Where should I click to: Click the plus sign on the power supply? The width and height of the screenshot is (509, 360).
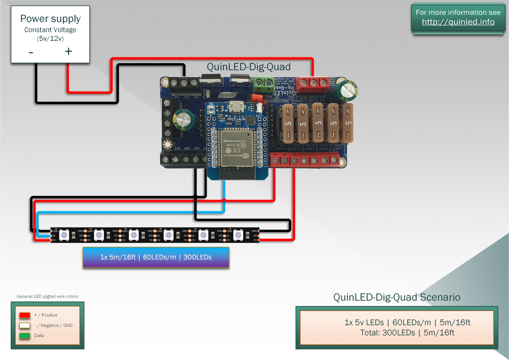[x=68, y=51]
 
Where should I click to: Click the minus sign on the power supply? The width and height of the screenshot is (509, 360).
[x=31, y=52]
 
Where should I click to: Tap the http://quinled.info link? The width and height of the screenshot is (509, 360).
[x=458, y=22]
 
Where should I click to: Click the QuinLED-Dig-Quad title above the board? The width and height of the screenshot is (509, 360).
[x=249, y=67]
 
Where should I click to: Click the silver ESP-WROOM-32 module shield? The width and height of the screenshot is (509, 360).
[x=236, y=148]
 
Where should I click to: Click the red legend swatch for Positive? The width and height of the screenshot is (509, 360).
[x=25, y=315]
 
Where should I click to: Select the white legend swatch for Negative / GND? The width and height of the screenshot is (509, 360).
[x=25, y=325]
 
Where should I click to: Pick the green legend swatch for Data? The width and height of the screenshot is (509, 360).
[x=25, y=335]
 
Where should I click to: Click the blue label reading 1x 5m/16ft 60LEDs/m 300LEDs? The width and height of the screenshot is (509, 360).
[x=156, y=257]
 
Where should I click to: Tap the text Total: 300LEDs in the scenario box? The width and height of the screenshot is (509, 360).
[x=387, y=333]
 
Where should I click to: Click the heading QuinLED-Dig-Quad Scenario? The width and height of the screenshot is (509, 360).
[x=397, y=297]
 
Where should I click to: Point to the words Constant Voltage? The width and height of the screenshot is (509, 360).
[x=50, y=30]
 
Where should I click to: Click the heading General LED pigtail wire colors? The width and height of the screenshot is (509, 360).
[x=47, y=296]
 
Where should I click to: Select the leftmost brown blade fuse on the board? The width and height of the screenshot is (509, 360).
[x=288, y=123]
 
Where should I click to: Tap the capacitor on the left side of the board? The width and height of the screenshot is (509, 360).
[x=182, y=120]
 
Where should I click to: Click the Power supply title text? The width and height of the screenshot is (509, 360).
[x=50, y=19]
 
